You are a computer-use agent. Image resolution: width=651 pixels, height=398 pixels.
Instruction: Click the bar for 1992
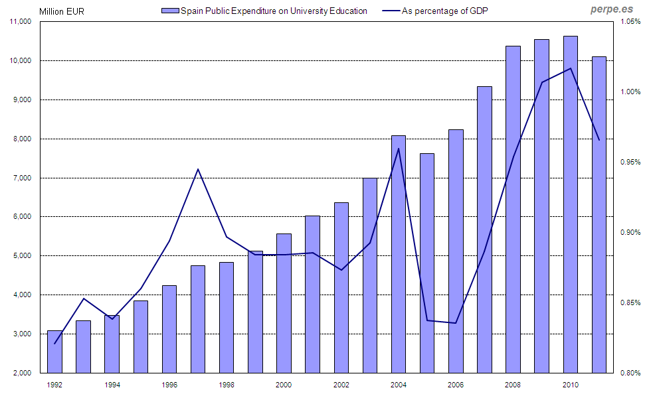tap(54, 352)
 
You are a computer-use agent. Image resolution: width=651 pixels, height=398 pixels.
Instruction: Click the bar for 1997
tap(198, 319)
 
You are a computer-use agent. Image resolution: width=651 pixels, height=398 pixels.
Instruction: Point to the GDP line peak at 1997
tap(198, 168)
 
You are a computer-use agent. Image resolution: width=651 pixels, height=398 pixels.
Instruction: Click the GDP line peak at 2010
tap(571, 68)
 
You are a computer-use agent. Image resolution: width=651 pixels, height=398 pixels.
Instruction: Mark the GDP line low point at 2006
tap(455, 323)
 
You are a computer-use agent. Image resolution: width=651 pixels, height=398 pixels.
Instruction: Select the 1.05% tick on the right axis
tap(631, 22)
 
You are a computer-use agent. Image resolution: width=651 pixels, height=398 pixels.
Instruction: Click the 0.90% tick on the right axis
tap(631, 232)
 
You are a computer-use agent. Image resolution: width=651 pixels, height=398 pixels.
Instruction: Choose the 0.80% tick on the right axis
tap(631, 373)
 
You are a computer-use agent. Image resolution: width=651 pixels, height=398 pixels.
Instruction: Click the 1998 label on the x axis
tap(227, 385)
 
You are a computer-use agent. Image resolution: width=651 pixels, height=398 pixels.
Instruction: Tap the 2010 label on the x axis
tap(570, 385)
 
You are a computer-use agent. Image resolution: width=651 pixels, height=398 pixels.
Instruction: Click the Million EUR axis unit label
tap(62, 11)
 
